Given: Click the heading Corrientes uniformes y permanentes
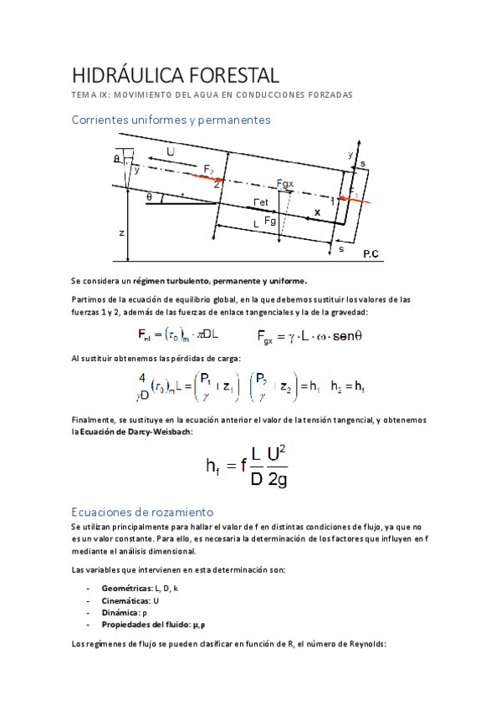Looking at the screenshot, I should point(171,120).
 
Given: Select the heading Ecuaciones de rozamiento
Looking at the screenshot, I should point(143,511).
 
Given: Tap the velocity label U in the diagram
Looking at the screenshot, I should point(171,152).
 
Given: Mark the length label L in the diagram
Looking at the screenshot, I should point(258,224).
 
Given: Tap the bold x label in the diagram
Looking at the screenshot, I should point(317,213).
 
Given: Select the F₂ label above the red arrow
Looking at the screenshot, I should point(208,170).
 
